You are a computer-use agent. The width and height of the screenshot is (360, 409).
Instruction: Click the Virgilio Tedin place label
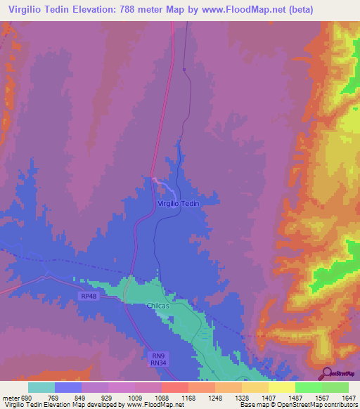pyautogui.click(x=179, y=203)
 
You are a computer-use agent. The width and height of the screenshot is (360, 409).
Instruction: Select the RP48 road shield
pyautogui.click(x=89, y=297)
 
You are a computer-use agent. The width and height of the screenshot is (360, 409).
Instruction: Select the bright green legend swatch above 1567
pyautogui.click(x=308, y=387)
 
